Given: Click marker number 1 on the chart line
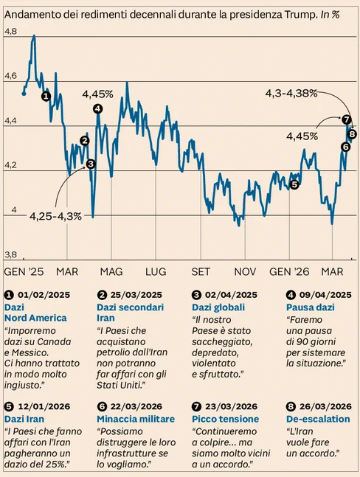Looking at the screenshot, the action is [46, 97].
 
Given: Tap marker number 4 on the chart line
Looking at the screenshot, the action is [97, 109].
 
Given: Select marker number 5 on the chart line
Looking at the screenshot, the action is [294, 184].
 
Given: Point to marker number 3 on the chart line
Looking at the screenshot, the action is [91, 164].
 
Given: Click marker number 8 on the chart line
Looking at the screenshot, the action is [353, 133].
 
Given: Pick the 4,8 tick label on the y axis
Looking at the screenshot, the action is [10, 32].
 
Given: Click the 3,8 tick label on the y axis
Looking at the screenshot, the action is [10, 254].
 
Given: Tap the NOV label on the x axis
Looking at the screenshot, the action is [245, 271].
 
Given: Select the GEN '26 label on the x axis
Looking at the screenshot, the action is [289, 271].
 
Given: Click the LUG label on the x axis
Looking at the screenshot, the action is [156, 271].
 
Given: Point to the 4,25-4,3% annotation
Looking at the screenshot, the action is [55, 216].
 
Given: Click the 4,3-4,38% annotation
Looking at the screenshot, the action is [291, 94].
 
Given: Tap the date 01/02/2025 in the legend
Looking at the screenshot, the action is [44, 295].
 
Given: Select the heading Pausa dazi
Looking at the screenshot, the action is [311, 307].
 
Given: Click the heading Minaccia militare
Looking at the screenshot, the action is [136, 419].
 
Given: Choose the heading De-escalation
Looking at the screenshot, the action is [318, 419].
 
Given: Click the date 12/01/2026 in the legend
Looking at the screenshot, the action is [44, 406].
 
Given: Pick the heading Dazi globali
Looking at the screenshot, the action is [218, 307].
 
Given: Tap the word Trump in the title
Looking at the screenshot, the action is [300, 15].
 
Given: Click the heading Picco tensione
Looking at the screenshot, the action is [225, 419].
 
